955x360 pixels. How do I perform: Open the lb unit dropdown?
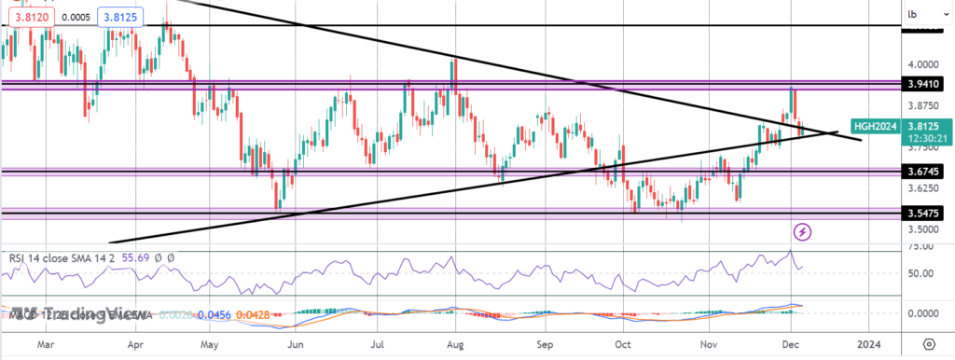pos(913,14)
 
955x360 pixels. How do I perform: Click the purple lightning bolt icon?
pos(801,230)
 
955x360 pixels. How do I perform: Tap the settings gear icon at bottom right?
pos(929,343)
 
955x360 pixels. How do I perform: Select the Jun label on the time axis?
pos(297,344)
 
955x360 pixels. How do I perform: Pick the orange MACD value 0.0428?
pos(228,316)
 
